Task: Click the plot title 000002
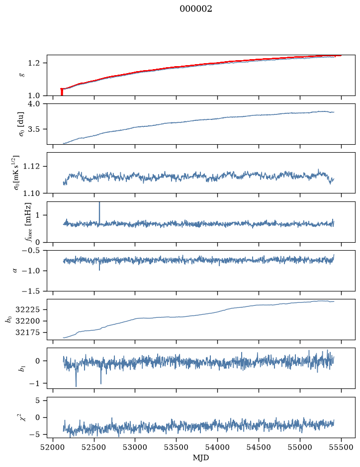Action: coord(195,9)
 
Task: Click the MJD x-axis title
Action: coord(201,458)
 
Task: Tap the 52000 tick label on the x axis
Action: coord(53,447)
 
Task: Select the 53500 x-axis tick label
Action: coord(177,447)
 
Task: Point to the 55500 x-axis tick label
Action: coord(341,447)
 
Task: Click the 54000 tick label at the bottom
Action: coord(217,447)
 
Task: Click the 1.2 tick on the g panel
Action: coord(34,63)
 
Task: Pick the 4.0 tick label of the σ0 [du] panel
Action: coord(34,103)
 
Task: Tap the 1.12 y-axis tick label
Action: coord(32,166)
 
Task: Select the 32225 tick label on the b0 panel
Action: coord(27,309)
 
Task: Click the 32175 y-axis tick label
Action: coord(27,332)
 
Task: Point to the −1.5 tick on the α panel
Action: coord(31,291)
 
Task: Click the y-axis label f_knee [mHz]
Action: coord(28,222)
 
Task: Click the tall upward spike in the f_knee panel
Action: coord(99,212)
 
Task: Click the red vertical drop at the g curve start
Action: coord(62,92)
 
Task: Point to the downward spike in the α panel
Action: coord(99,266)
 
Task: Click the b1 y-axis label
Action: coord(21,369)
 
